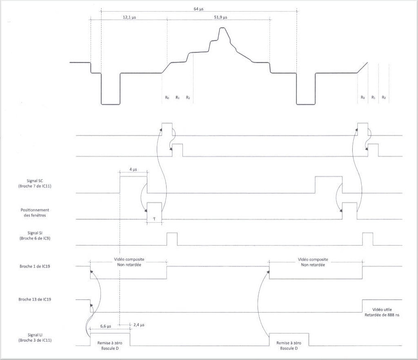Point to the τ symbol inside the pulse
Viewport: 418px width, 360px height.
[154, 219]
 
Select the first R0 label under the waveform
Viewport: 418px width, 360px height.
[167, 98]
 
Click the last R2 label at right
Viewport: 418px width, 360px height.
[384, 98]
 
